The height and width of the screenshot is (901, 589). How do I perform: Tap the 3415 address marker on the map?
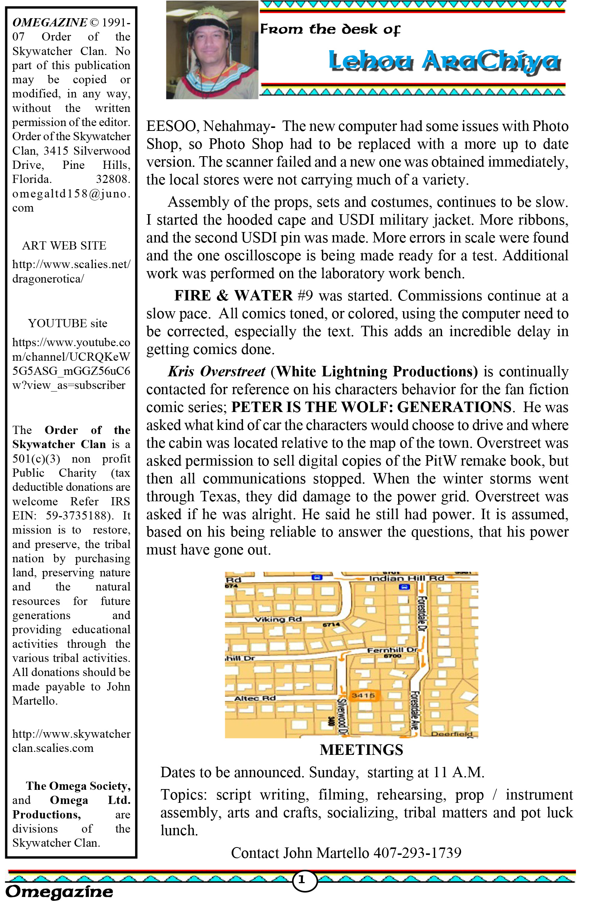[363, 695]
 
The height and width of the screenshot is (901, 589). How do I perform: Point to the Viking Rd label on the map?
[278, 620]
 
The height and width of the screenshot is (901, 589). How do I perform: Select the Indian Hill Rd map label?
[406, 578]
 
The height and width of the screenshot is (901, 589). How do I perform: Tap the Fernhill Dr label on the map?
[393, 650]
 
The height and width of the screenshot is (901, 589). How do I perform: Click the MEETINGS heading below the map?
[361, 750]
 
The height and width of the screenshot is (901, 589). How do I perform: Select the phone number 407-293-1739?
[417, 853]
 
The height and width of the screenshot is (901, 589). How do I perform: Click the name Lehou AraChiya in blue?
[444, 61]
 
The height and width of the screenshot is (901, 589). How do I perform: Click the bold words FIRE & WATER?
[233, 295]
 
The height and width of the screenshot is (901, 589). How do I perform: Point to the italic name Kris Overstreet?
[217, 371]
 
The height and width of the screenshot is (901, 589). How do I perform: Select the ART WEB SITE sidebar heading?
[64, 245]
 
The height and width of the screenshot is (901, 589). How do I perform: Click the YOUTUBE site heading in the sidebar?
[67, 323]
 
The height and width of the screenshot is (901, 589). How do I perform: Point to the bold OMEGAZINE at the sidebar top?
[49, 22]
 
